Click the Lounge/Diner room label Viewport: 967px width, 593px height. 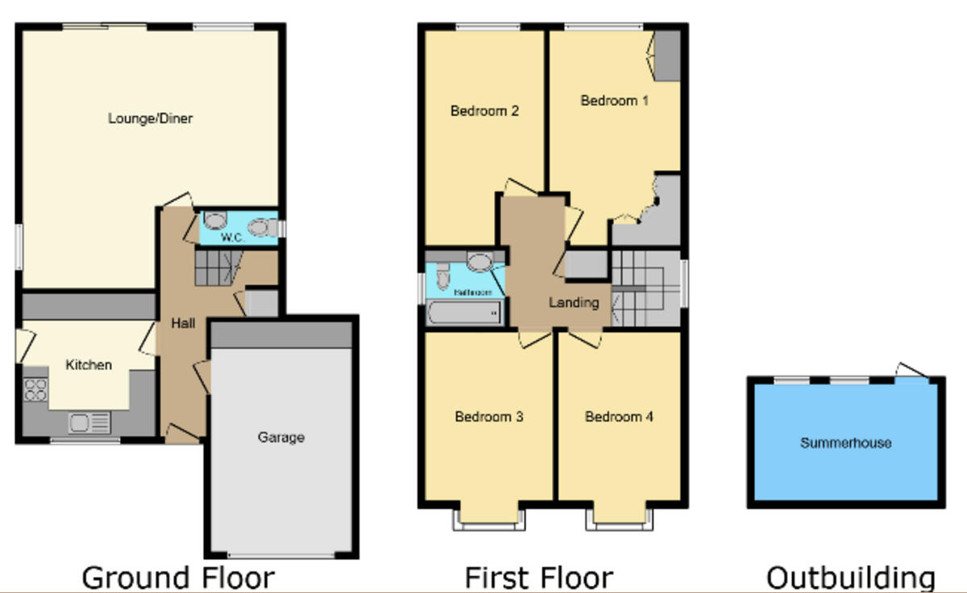click(x=150, y=118)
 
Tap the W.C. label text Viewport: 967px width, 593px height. click(x=233, y=238)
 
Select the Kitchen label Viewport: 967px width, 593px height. click(x=89, y=365)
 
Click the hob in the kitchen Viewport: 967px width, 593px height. click(x=36, y=390)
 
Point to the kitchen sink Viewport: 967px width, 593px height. click(x=89, y=421)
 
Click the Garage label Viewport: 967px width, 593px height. click(x=281, y=437)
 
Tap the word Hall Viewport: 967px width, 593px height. click(x=183, y=323)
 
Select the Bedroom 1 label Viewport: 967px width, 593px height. click(x=615, y=101)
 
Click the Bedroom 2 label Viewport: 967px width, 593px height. click(x=484, y=110)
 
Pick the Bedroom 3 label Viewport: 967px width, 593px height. click(x=489, y=417)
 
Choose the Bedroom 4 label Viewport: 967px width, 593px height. click(x=619, y=417)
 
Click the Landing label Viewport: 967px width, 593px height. click(x=574, y=303)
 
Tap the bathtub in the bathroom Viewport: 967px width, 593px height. click(x=464, y=312)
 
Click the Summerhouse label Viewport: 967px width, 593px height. click(x=845, y=442)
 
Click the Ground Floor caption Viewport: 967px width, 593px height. click(x=178, y=578)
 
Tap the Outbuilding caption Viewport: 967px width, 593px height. click(x=850, y=578)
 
